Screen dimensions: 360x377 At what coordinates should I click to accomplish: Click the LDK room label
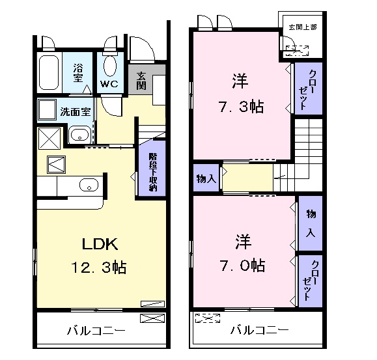coord(99,244)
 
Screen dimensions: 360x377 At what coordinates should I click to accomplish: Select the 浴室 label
coord(78,72)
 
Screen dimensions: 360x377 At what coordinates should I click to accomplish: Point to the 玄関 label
coord(141,79)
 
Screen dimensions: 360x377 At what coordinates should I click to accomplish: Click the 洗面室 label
coord(75,111)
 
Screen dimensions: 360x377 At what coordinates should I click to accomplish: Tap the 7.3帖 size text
coord(240,107)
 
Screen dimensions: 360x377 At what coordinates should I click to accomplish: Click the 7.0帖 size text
coord(241,265)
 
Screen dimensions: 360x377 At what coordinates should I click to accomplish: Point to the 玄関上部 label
coord(302,27)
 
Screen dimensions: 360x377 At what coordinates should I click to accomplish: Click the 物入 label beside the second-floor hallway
coord(206,178)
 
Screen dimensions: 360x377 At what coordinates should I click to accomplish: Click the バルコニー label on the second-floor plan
coord(259,331)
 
